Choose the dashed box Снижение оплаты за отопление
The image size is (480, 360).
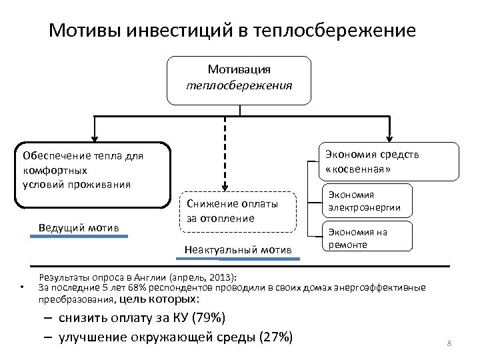[239, 213]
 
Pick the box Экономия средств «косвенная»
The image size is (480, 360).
[387, 161]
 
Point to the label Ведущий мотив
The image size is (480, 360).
[79, 228]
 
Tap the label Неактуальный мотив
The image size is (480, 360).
[238, 250]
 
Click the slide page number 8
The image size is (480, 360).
[449, 343]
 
